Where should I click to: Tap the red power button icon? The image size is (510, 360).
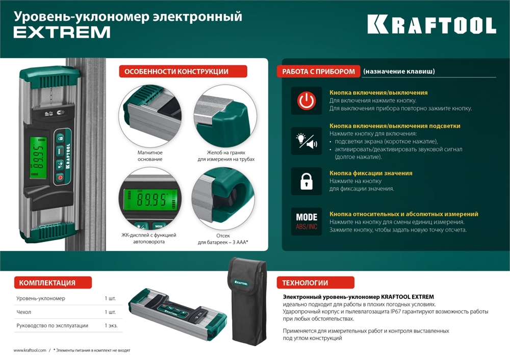point(307,100)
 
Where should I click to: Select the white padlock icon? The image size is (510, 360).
point(307,181)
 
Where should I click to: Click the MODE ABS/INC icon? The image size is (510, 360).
point(307,221)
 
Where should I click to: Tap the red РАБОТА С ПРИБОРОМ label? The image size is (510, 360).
point(319,71)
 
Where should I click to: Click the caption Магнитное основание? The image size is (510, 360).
point(150,156)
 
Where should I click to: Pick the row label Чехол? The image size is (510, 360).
point(24,312)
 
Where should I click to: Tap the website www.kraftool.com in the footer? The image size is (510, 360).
point(30,350)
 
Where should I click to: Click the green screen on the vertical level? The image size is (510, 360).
point(37,159)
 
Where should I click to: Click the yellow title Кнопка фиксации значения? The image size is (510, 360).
point(371,173)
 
